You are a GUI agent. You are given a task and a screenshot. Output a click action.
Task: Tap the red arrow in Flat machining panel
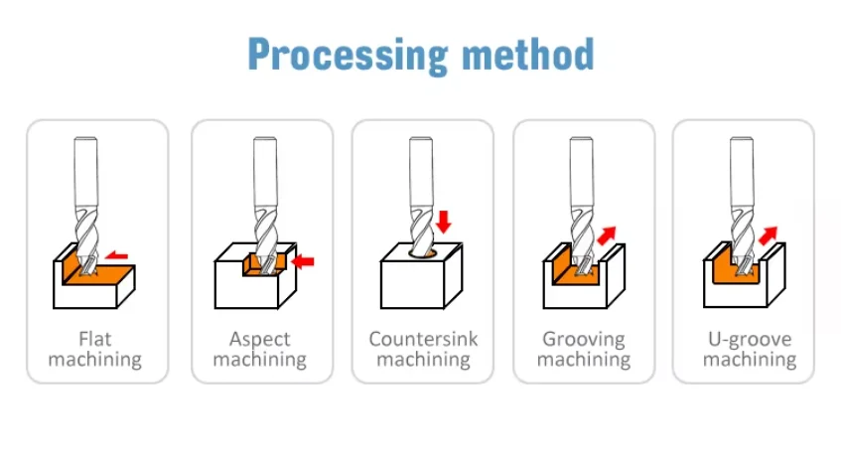click(x=117, y=255)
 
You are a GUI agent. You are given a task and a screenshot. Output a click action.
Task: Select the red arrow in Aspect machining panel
click(x=304, y=261)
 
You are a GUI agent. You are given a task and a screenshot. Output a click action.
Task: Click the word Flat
click(x=96, y=339)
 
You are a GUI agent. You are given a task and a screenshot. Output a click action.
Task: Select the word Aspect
click(x=259, y=339)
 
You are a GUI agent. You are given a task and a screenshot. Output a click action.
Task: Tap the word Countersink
click(x=423, y=339)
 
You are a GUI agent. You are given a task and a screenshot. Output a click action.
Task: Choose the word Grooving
click(x=584, y=339)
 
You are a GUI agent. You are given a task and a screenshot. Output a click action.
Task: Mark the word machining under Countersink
click(x=423, y=360)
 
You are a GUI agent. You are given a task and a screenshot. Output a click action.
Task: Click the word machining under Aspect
click(x=259, y=360)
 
